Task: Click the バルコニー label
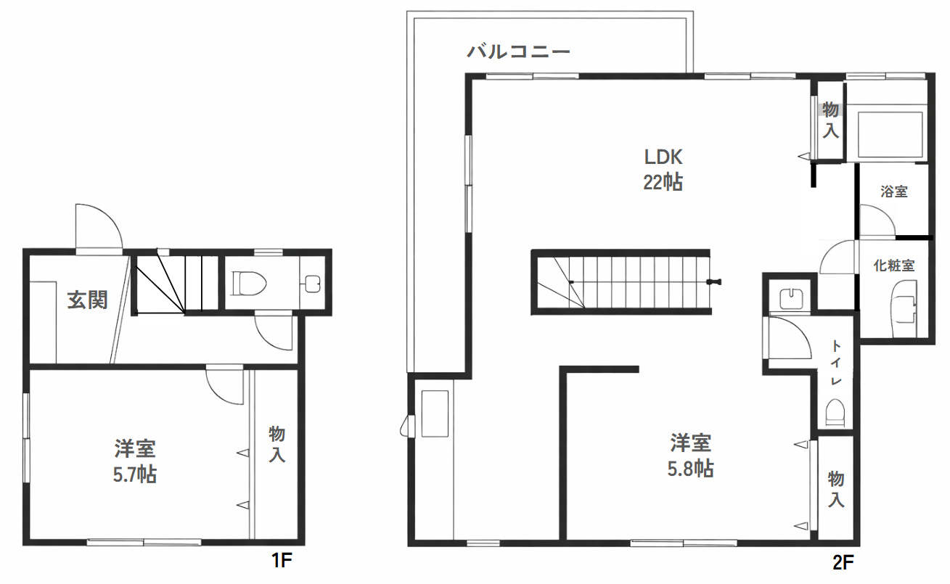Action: point(518,52)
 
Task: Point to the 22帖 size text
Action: point(663,182)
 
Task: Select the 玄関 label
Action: point(87,300)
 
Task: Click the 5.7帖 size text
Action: point(135,475)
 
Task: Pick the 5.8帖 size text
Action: point(690,469)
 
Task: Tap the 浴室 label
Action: point(893,192)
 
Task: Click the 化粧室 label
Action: point(893,266)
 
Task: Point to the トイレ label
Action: point(836,363)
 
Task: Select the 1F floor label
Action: point(281,560)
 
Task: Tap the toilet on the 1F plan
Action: point(245,283)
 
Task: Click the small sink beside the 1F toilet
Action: point(312,283)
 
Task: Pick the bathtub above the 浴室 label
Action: point(890,134)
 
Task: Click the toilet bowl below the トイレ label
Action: point(835,414)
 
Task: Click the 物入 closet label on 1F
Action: point(277,445)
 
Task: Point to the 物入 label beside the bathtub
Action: point(831,120)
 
